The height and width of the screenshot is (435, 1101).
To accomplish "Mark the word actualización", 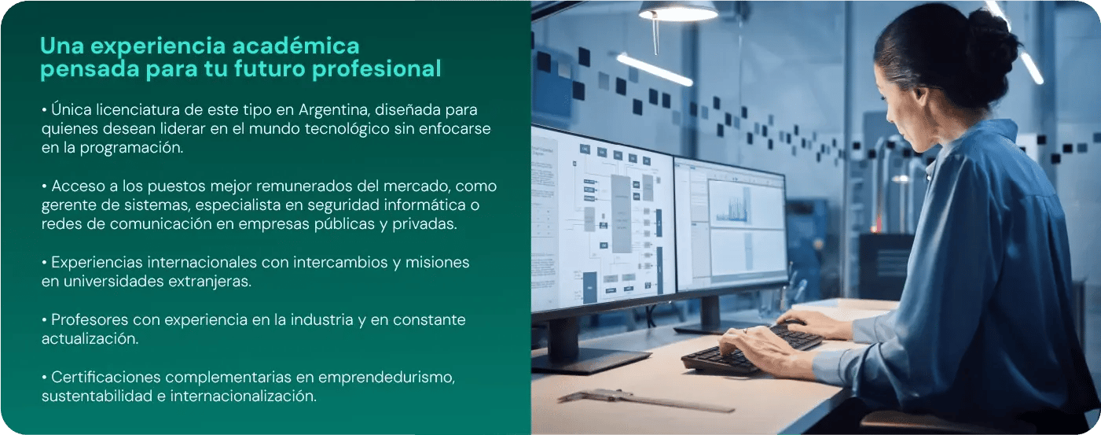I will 90,339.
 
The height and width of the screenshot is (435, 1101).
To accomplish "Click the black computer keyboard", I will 751,351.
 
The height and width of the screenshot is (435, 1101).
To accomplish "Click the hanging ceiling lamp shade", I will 677,10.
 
